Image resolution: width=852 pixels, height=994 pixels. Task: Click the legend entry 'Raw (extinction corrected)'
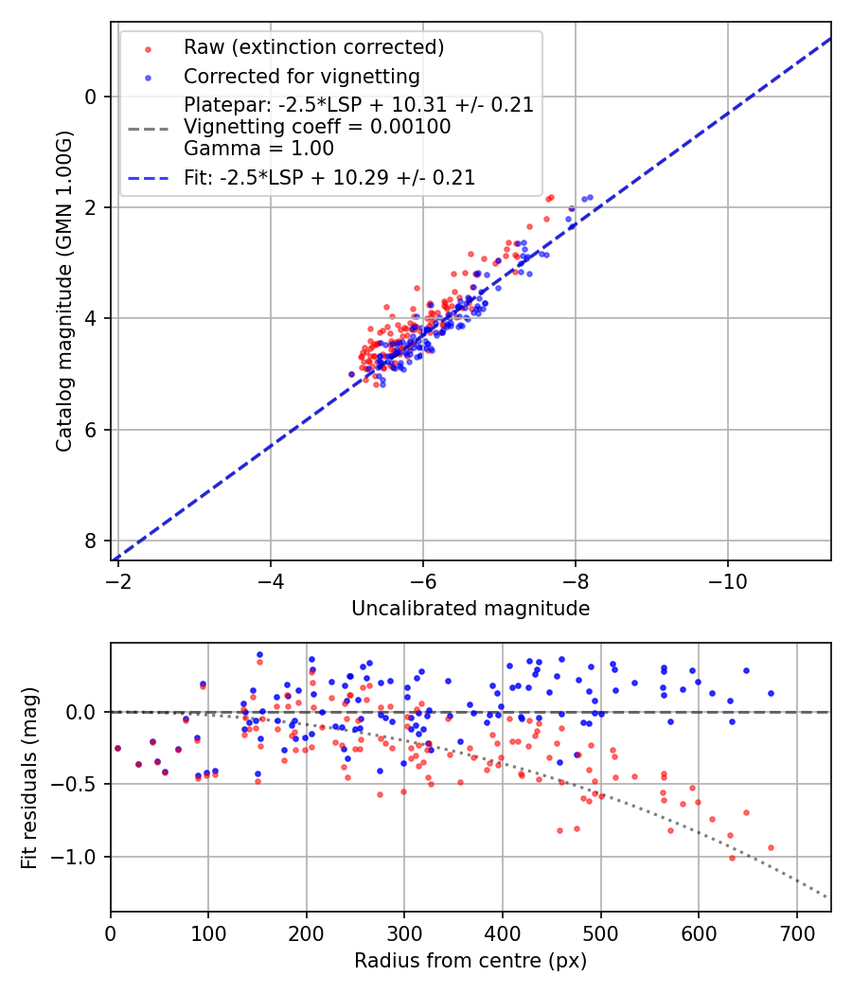(x=313, y=47)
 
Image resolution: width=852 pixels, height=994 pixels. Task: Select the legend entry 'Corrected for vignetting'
(x=301, y=76)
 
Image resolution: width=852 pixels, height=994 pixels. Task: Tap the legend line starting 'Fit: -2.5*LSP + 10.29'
(x=329, y=177)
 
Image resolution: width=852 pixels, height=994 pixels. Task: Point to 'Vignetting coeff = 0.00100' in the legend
(x=317, y=127)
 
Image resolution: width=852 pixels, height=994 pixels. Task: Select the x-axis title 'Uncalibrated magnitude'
(x=470, y=609)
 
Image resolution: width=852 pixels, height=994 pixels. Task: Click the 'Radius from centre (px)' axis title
(x=470, y=961)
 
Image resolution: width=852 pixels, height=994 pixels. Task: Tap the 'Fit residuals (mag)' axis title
(x=28, y=777)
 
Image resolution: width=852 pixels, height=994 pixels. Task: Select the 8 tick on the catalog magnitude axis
(x=92, y=541)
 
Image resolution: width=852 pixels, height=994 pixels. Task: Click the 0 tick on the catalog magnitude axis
(x=92, y=97)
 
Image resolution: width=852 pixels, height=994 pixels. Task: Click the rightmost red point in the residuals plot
(x=771, y=847)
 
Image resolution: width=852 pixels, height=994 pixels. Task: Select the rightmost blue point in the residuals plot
(x=771, y=693)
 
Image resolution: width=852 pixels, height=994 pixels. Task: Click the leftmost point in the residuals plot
(x=117, y=748)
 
